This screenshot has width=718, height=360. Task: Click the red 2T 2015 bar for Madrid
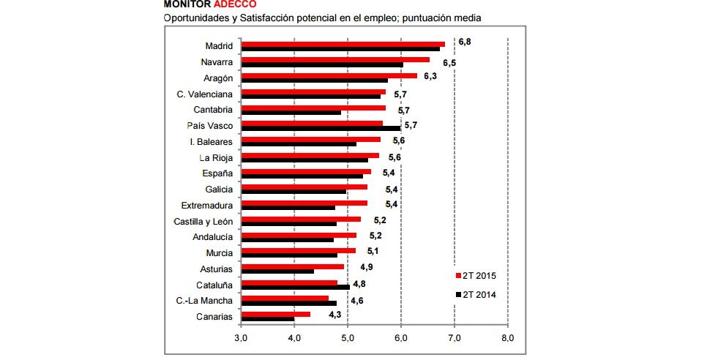tap(343, 44)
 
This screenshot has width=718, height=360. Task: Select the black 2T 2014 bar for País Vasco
tap(321, 128)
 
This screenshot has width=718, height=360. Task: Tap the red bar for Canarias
tap(275, 314)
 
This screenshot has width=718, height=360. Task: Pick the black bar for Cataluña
tap(295, 287)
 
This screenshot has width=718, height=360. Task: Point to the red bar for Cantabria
tap(313, 108)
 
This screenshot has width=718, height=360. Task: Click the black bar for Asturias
tap(277, 271)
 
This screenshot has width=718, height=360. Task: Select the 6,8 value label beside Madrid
tap(464, 42)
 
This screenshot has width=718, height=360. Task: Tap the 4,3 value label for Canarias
tap(335, 314)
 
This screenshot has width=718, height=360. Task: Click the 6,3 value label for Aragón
tap(430, 76)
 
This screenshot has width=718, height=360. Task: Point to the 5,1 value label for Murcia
tap(373, 251)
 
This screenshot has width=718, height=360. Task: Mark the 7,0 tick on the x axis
tap(454, 338)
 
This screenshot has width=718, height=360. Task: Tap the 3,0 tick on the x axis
tap(241, 338)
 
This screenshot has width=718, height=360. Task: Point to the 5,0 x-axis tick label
tap(348, 338)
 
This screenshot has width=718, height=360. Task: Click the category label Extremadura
tap(207, 205)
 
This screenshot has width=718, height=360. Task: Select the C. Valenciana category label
tap(205, 94)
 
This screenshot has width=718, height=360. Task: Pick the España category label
tap(217, 173)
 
